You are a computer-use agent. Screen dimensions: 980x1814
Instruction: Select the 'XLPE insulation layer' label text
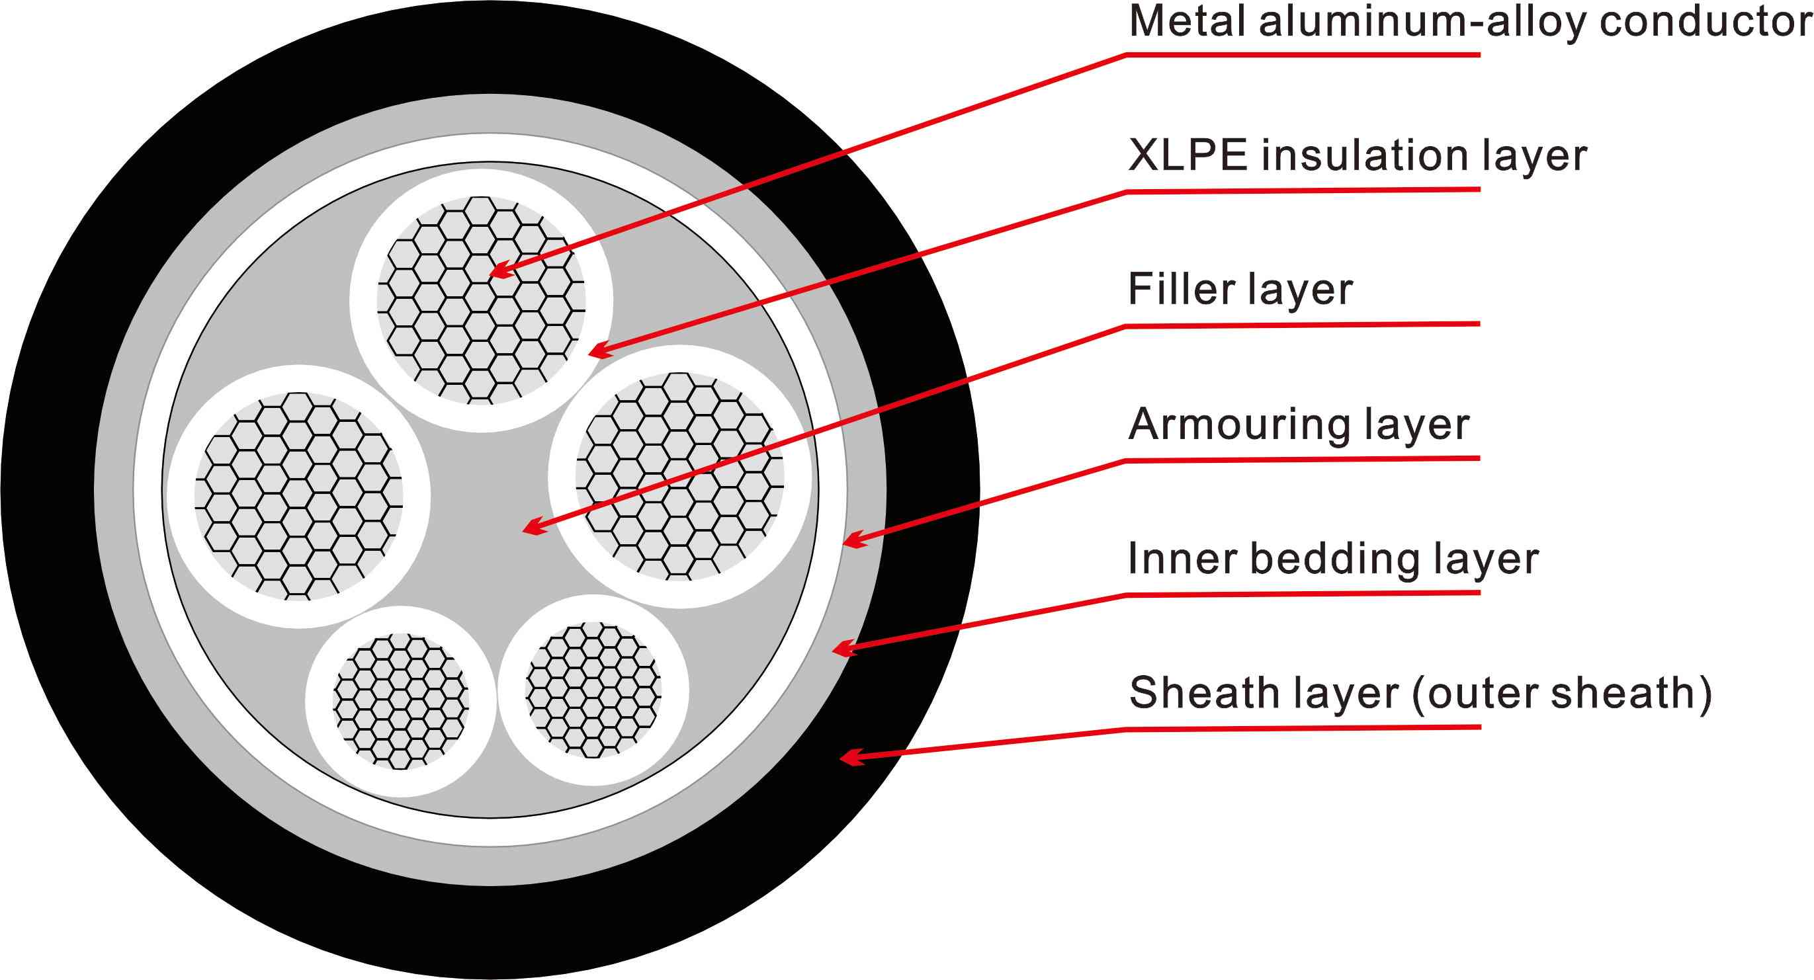(1357, 156)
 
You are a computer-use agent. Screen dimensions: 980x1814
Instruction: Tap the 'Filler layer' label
(1240, 290)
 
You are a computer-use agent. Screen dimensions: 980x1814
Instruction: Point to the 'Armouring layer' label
(1299, 425)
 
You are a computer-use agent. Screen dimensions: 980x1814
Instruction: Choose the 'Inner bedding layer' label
(1333, 559)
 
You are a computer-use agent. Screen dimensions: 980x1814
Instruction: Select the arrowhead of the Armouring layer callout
(851, 542)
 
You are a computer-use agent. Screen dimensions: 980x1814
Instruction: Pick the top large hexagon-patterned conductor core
(481, 301)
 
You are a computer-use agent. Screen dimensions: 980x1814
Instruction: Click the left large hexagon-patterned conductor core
(298, 497)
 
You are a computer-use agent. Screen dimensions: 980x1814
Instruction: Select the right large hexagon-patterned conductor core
(679, 477)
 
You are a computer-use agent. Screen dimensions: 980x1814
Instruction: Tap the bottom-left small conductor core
(400, 701)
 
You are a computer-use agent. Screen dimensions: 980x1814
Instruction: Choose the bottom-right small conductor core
(593, 689)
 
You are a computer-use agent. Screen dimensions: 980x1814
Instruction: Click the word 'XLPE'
(1188, 156)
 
